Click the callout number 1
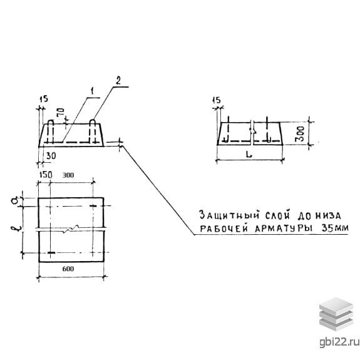tap(92, 91)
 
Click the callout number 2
tap(118, 81)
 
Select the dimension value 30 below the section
tap(51, 156)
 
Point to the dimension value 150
tap(46, 175)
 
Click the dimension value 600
tap(68, 269)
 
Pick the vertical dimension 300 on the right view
tap(300, 134)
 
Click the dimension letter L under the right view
tap(249, 155)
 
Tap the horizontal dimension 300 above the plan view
tap(68, 175)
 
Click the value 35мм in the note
tap(335, 229)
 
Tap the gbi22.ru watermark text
tap(339, 342)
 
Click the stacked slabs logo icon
tap(336, 314)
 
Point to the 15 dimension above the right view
tap(216, 100)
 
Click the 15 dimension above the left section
tap(44, 99)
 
